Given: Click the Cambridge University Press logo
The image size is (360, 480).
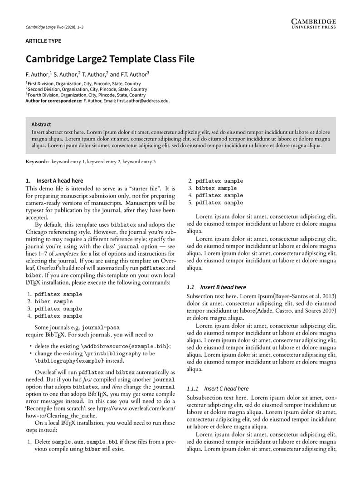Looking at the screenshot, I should (x=313, y=24).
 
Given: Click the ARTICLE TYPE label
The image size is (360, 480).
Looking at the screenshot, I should (x=43, y=41).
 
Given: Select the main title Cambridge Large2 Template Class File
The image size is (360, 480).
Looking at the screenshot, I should (x=110, y=59).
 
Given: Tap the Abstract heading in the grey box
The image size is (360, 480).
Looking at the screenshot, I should (x=41, y=124).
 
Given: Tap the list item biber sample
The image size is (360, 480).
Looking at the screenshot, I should (x=54, y=301).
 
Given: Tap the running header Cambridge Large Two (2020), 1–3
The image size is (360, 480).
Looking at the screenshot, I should (x=54, y=27).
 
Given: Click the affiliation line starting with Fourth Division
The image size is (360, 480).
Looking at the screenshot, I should (x=86, y=95).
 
